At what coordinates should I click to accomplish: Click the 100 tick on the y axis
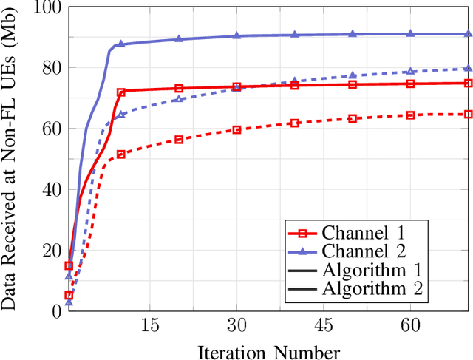(45, 8)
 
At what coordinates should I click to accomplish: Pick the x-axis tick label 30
(236, 326)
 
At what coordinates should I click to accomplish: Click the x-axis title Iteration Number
(269, 350)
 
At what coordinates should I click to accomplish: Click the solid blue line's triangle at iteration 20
(179, 38)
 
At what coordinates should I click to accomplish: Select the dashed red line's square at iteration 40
(294, 123)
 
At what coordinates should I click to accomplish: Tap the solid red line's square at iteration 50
(353, 84)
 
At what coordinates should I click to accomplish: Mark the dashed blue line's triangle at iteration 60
(410, 72)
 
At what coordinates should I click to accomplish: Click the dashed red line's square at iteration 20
(179, 139)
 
